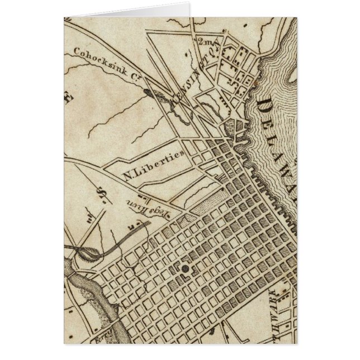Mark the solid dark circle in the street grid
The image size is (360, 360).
184,269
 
